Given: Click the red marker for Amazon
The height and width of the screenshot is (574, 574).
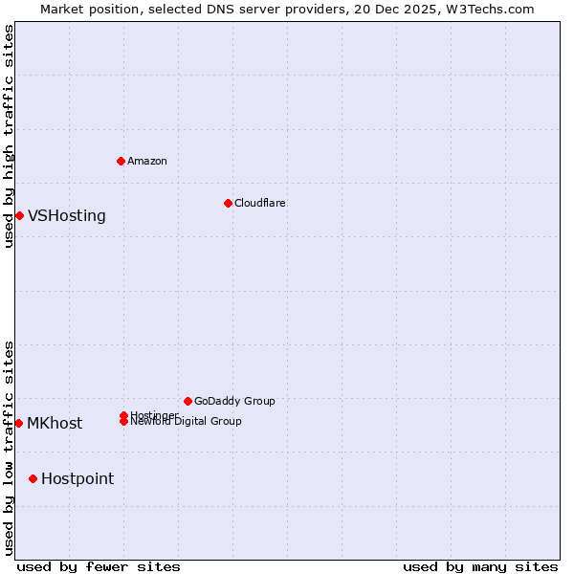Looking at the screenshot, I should pyautogui.click(x=121, y=161).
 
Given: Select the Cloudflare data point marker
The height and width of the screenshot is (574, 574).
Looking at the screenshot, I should pyautogui.click(x=228, y=203).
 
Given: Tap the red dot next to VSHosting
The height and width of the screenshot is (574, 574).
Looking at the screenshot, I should pyautogui.click(x=19, y=215).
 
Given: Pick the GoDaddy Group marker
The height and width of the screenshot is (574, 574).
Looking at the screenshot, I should pyautogui.click(x=188, y=401).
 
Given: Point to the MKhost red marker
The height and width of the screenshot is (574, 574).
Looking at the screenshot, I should pyautogui.click(x=18, y=423).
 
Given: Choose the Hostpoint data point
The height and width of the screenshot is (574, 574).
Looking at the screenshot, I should pyautogui.click(x=33, y=478).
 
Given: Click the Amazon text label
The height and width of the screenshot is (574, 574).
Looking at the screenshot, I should pyautogui.click(x=146, y=161).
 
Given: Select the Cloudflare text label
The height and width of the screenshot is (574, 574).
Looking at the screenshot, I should pyautogui.click(x=259, y=203).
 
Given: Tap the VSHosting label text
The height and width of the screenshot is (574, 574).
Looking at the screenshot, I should pyautogui.click(x=67, y=216).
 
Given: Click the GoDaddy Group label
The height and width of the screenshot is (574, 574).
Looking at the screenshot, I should pyautogui.click(x=234, y=401).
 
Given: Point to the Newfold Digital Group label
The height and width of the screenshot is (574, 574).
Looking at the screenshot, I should pyautogui.click(x=186, y=422).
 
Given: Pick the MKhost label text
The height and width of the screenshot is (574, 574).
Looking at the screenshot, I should pyautogui.click(x=55, y=424).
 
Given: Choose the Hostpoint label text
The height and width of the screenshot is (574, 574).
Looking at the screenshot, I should pyautogui.click(x=77, y=479).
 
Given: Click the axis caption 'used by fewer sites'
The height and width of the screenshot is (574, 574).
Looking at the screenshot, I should pyautogui.click(x=99, y=567).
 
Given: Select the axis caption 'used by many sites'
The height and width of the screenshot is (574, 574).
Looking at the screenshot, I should pyautogui.click(x=480, y=567).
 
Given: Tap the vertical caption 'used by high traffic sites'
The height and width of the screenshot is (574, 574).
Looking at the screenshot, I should pyautogui.click(x=9, y=136).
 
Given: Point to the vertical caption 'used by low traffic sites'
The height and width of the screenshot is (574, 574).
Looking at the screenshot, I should pyautogui.click(x=9, y=448).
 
